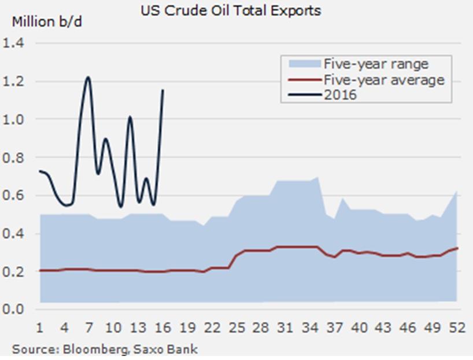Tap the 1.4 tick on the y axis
(14, 43)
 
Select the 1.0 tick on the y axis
(14, 119)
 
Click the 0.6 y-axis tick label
(14, 196)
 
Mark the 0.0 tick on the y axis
(14, 309)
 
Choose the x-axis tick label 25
(237, 328)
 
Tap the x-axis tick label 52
(457, 328)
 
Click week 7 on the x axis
(89, 328)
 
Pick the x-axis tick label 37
(335, 328)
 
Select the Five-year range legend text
(376, 63)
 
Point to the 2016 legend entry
(341, 94)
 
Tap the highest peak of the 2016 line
(88, 77)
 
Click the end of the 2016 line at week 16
(164, 90)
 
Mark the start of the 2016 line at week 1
(39, 171)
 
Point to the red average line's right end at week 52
(457, 248)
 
